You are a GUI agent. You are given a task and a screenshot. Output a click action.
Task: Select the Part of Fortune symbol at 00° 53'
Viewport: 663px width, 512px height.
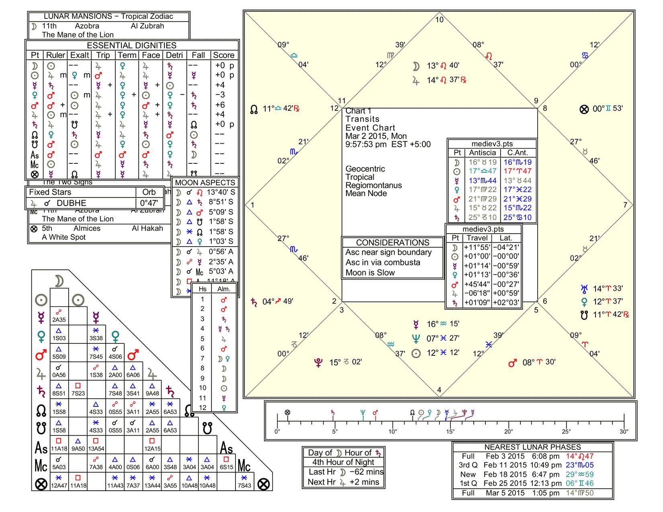point(584,109)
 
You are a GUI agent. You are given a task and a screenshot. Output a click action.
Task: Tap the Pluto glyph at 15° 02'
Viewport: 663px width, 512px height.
point(318,363)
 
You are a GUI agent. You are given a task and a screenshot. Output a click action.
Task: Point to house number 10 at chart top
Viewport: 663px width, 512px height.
point(439,20)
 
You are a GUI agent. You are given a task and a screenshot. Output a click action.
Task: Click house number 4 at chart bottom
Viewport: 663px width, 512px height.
point(439,390)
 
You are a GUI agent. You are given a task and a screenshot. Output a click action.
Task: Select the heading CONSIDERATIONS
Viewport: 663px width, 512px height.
point(393,243)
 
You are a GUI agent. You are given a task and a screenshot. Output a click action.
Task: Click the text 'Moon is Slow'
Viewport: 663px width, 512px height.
point(370,273)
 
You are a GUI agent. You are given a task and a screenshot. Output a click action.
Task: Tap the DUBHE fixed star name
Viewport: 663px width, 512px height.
point(71,203)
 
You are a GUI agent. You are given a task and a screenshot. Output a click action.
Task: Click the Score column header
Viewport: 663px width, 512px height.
point(223,55)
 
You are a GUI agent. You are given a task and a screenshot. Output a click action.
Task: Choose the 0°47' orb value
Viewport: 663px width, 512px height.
point(149,203)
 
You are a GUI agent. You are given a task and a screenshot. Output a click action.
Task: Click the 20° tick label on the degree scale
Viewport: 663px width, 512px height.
point(508,432)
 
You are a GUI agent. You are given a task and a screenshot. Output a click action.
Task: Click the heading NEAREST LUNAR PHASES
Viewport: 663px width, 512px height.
point(532,447)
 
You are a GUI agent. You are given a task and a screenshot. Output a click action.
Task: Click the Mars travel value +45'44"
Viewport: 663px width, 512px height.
point(477,284)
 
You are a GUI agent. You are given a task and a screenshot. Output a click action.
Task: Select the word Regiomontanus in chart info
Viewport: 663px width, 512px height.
point(373,186)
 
